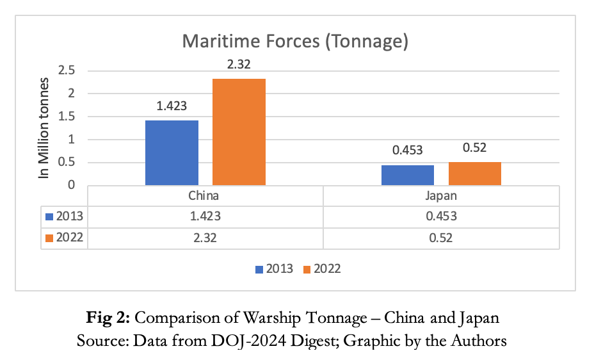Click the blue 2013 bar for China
point(172,153)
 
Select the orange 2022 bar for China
point(239,132)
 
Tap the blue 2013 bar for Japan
point(408,175)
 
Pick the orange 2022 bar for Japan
point(474,174)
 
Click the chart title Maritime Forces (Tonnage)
point(295,42)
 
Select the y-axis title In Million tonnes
point(44,128)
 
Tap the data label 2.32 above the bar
point(239,65)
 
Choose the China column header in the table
point(204,196)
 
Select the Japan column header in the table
point(441,196)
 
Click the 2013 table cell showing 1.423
point(204,217)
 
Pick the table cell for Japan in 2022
point(441,238)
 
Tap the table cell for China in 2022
point(204,238)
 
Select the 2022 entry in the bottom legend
point(326,269)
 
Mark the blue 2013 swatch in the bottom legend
point(259,269)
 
